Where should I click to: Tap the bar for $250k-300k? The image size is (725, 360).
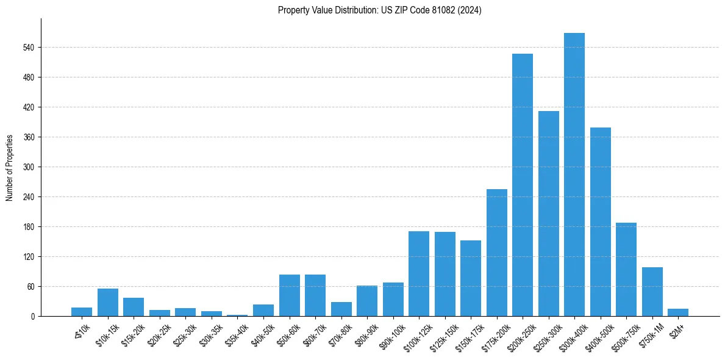point(548,214)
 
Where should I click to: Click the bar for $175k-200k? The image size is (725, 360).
point(496,253)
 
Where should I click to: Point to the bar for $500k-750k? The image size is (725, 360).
point(626,269)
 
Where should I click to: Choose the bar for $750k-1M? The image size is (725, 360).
point(652,292)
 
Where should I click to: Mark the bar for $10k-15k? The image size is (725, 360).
point(107,302)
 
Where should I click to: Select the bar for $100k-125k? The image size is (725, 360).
point(418,273)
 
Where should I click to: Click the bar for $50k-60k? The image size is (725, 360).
point(289,295)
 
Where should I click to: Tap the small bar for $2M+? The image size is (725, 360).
point(677,312)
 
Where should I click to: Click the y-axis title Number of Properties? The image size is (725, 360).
point(9,168)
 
